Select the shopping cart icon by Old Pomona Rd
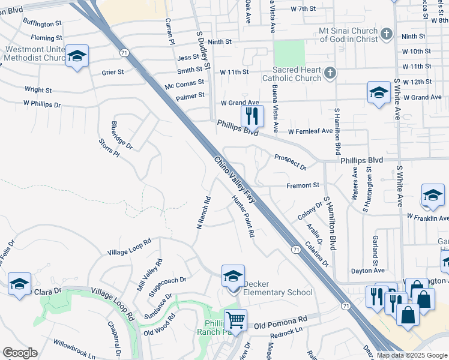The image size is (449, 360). [236, 319]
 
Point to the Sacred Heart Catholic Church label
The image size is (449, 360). [292, 74]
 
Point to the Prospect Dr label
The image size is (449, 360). [291, 161]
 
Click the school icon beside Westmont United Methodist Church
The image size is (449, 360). [77, 56]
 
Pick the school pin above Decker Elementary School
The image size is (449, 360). [233, 276]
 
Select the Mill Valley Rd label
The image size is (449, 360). [150, 275]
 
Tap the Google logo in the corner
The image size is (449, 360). [20, 353]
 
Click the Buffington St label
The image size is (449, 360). [43, 24]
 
